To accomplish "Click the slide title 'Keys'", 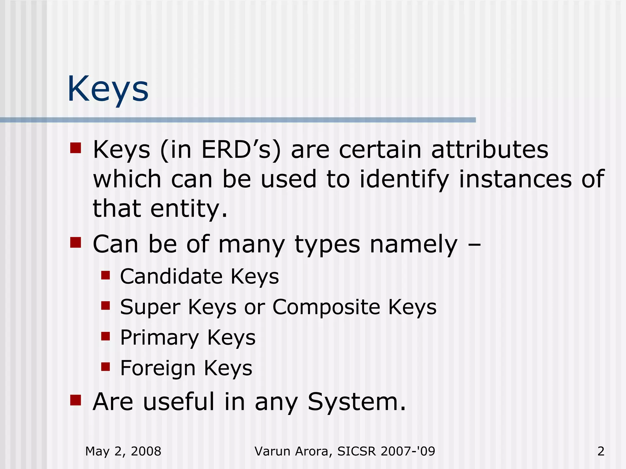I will point(108,89).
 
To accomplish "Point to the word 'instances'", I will point(515,179).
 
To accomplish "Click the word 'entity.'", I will point(189,209).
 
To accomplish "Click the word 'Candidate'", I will point(171,276).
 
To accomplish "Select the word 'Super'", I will point(150,307).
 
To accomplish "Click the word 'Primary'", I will point(160,338).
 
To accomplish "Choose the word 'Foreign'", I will point(158,368).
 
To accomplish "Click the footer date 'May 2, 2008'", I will point(123,451).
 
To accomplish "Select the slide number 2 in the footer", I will point(601,451).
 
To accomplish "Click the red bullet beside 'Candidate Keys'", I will point(105,275).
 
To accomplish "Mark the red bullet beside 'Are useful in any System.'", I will point(75,400).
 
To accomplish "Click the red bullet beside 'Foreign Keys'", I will point(105,366).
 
